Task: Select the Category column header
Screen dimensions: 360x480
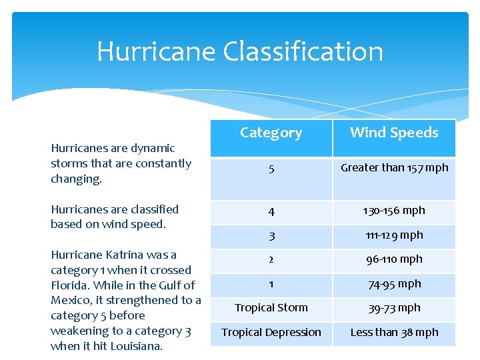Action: [x=271, y=133]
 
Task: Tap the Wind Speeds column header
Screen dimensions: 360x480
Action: [x=394, y=133]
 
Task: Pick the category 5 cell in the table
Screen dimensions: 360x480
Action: [x=271, y=169]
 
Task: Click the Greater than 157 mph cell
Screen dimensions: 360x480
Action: [x=394, y=168]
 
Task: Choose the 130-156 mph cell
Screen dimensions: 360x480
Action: [x=394, y=211]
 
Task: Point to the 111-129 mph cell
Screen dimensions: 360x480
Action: [x=394, y=235]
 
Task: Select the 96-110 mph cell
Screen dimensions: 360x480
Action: [x=394, y=259]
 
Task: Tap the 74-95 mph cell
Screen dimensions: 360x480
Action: [x=394, y=283]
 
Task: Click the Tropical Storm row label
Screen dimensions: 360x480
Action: [x=271, y=308]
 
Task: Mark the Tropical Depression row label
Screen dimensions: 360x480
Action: [x=271, y=332]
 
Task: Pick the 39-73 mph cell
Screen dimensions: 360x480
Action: [x=394, y=308]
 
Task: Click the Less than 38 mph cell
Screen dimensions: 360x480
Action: [x=394, y=332]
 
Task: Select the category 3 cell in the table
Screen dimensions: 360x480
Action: [x=271, y=235]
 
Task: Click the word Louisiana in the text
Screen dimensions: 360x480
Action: [x=137, y=346]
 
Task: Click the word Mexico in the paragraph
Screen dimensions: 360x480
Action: [x=69, y=301]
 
